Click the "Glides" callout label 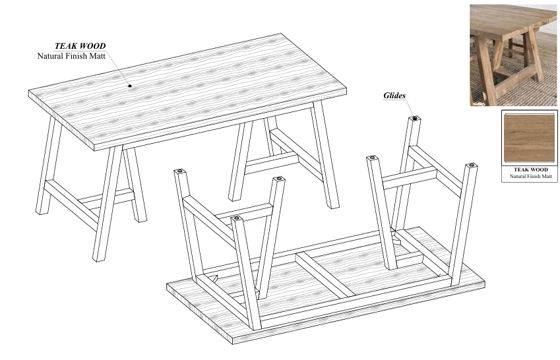394,96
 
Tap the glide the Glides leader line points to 415,118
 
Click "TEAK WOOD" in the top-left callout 80,45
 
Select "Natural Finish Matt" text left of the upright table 71,55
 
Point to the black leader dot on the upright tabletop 130,86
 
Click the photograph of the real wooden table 513,55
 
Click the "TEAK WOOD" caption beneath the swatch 530,169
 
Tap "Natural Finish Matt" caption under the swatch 531,176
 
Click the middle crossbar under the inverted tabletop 325,274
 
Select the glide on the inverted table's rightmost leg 472,165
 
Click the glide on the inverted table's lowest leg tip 236,218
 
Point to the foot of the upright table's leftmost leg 42,212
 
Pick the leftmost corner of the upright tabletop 28,92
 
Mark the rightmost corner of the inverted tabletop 485,282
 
